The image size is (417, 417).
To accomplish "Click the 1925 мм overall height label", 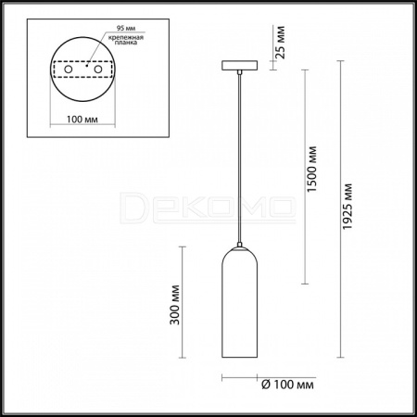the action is (347, 207).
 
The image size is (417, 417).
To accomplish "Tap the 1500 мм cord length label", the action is (311, 169).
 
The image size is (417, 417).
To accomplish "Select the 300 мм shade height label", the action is (175, 305).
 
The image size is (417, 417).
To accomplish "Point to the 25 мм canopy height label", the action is (280, 43).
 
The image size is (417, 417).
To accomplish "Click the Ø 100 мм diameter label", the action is (288, 385).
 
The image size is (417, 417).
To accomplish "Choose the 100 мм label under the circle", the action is (82, 120).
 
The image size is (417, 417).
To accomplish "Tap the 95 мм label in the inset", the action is (126, 28).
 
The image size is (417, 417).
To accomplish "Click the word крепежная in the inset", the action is (126, 38).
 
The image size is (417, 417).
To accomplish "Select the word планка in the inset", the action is (126, 43).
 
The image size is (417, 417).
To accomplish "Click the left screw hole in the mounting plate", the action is (69, 69).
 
